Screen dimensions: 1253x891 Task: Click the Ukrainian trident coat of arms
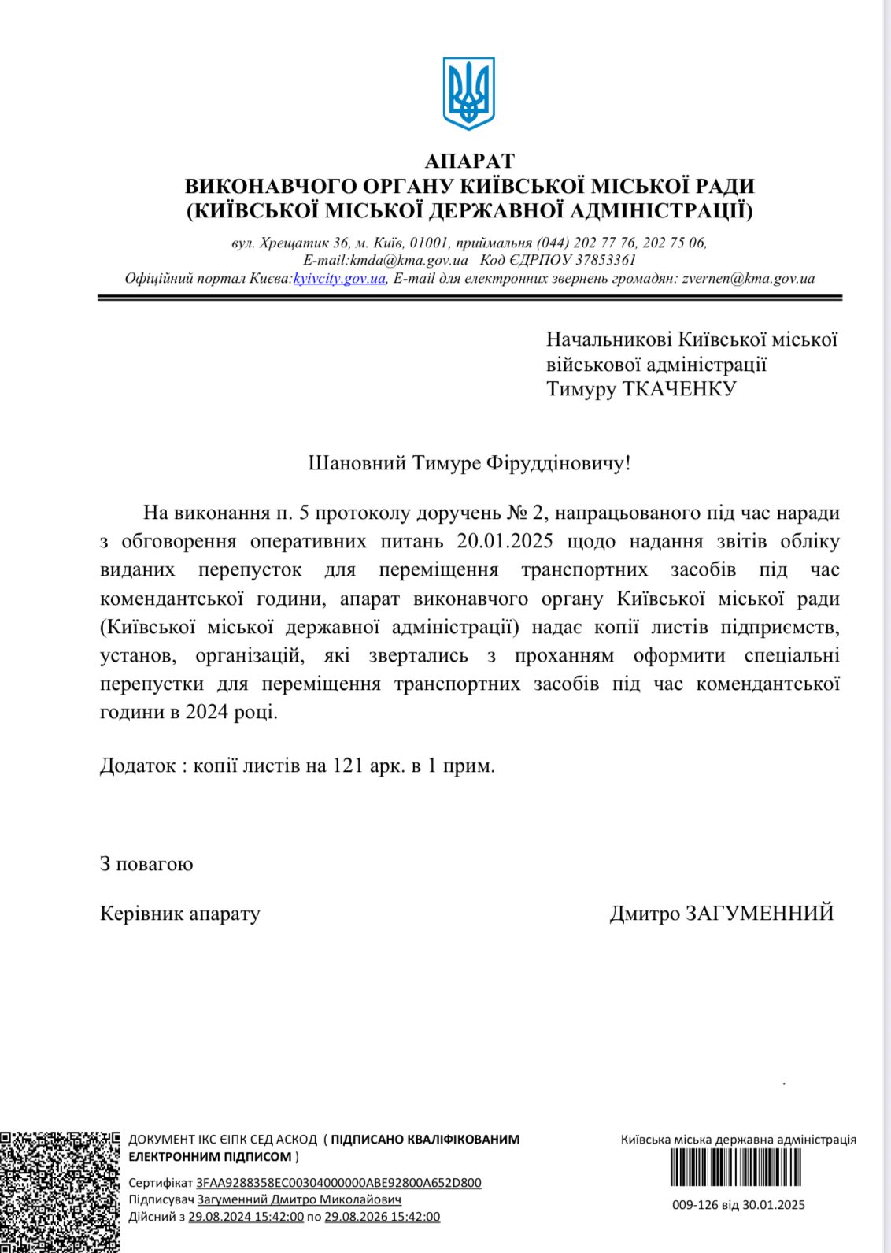(x=469, y=93)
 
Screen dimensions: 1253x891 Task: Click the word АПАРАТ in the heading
(x=469, y=161)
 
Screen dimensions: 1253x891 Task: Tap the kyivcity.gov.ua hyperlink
(x=339, y=278)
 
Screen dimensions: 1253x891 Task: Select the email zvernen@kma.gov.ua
(x=748, y=278)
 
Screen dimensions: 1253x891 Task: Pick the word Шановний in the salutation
(x=357, y=462)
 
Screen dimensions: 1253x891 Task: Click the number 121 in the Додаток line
(x=347, y=766)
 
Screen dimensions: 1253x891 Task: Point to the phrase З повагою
(x=146, y=864)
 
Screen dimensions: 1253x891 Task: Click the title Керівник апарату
(x=179, y=914)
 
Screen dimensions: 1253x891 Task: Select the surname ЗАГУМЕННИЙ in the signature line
(x=760, y=914)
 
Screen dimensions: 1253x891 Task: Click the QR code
(x=60, y=1191)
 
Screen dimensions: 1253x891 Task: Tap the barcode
(x=737, y=1167)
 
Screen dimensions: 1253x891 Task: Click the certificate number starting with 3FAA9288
(x=338, y=1182)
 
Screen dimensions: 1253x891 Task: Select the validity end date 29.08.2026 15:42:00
(x=382, y=1217)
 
